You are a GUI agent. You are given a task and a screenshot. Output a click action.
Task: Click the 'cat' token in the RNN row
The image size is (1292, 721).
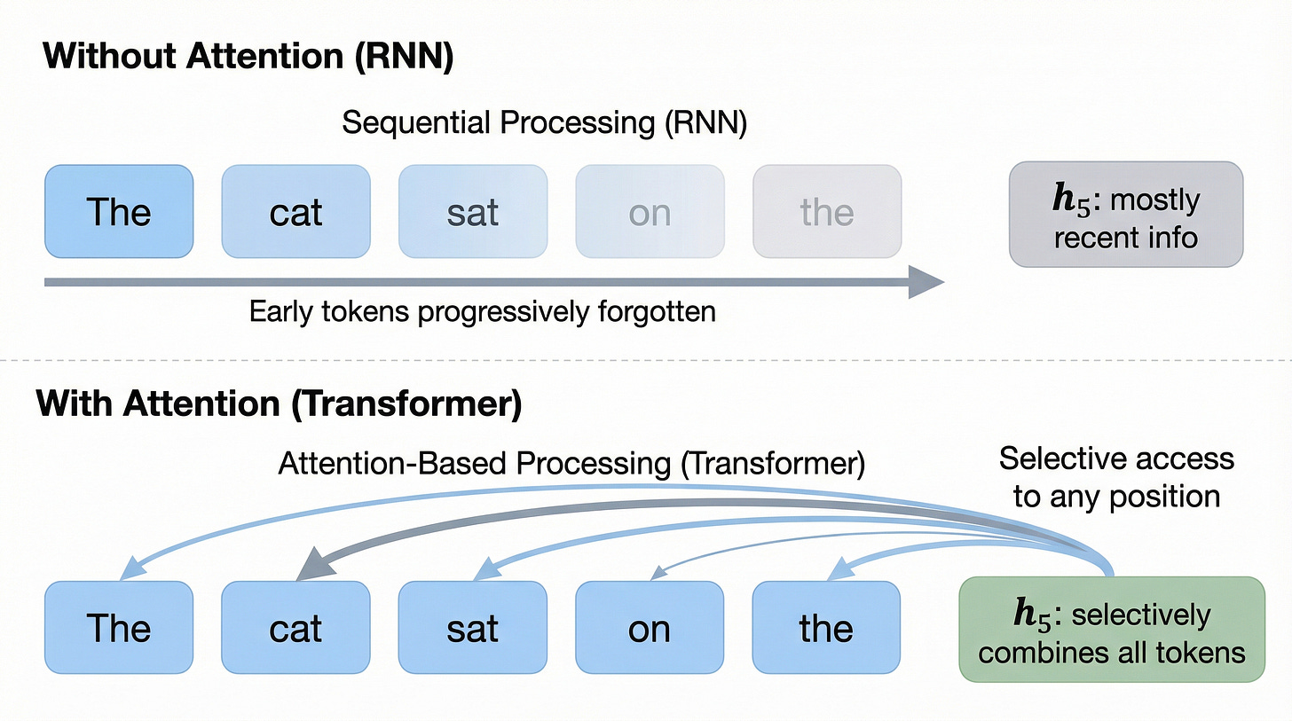pos(295,211)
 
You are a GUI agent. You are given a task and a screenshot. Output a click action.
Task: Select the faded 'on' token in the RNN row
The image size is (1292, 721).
pos(650,211)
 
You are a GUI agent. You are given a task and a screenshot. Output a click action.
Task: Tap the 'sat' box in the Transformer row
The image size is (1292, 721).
pos(472,628)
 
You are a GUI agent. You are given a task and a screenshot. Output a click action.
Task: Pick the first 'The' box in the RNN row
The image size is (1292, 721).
pos(119,211)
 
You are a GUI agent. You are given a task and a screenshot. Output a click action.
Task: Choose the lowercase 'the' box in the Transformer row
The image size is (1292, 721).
pos(826,628)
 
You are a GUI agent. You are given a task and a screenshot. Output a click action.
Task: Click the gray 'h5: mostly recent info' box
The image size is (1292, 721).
pos(1125,214)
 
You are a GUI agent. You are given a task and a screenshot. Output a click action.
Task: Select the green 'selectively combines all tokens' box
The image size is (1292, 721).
pos(1112,629)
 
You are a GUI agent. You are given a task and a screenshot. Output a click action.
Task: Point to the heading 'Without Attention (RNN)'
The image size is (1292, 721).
pos(248,57)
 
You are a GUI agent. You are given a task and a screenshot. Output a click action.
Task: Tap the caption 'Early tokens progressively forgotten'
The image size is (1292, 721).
pos(482,312)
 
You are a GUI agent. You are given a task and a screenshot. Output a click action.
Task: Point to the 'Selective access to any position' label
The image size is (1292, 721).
pos(1116,477)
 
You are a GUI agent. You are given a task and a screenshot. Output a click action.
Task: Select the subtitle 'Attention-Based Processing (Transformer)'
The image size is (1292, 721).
pos(571,463)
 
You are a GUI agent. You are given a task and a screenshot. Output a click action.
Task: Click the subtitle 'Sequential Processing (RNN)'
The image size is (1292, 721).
pos(544,122)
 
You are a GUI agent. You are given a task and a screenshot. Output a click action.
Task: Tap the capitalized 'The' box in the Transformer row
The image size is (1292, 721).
pos(119,628)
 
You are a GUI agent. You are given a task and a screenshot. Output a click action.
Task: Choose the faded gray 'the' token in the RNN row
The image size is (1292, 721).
pos(827,211)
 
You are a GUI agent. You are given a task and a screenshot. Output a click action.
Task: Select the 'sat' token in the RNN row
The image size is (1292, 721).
pos(472,211)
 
